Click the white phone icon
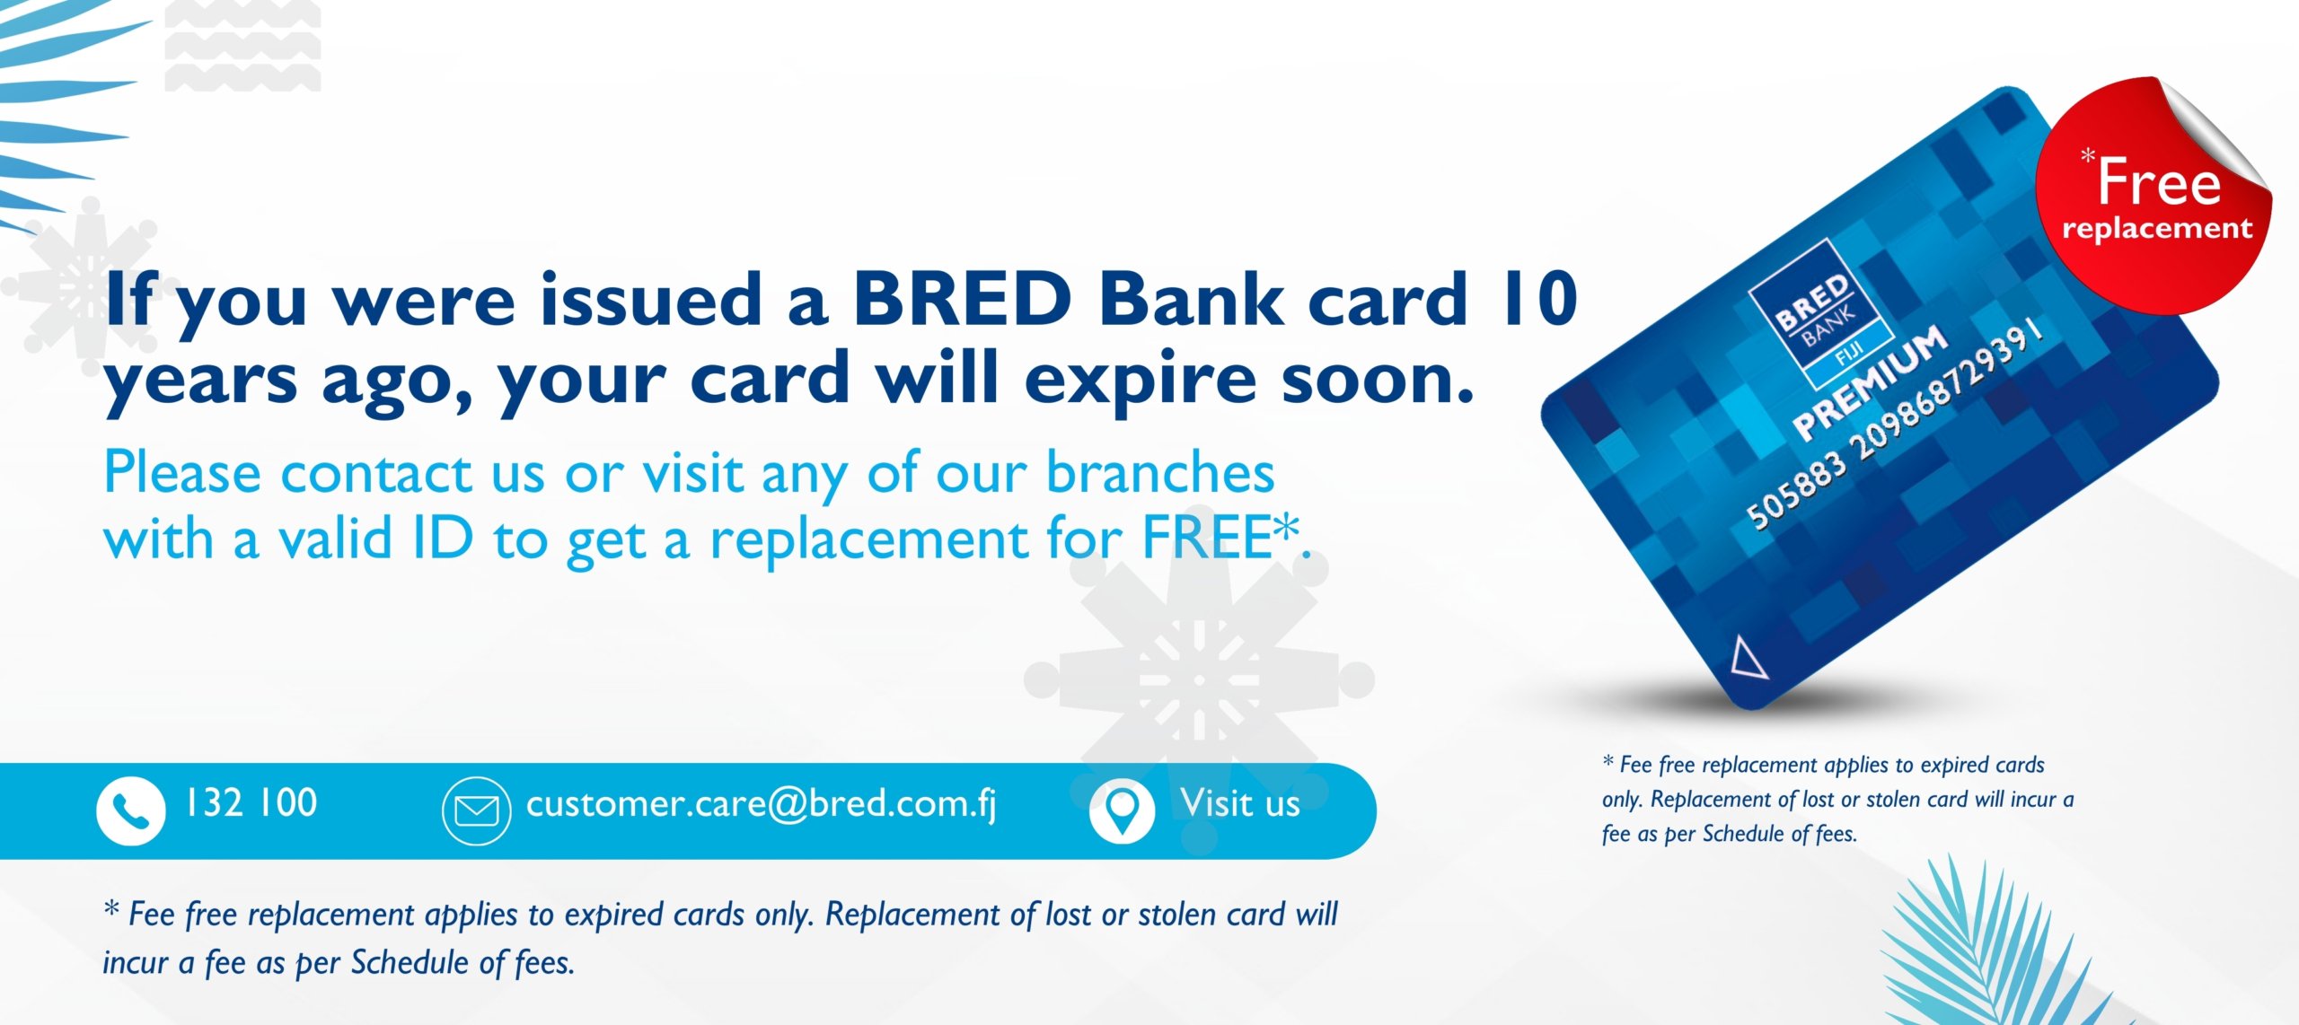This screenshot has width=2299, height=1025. [131, 811]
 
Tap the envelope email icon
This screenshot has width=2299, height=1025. [477, 811]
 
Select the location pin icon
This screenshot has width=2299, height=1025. [1122, 810]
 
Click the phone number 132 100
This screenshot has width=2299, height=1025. [251, 802]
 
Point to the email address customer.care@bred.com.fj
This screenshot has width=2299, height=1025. [762, 804]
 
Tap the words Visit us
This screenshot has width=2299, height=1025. [1240, 802]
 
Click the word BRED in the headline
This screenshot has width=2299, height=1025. [962, 299]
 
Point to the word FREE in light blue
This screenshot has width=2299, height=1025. [1207, 538]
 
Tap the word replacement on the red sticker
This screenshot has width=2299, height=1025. [2157, 229]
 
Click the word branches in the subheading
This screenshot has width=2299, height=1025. [1160, 472]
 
